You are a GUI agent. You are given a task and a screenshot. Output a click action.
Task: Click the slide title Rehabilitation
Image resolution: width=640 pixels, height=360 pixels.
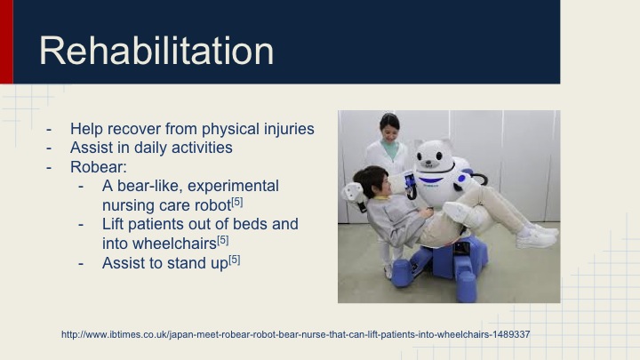(x=156, y=51)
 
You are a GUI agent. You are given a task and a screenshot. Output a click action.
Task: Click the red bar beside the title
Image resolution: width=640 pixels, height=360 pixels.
(x=6, y=42)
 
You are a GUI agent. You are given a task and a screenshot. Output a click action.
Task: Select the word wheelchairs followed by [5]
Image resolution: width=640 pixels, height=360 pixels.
(x=163, y=243)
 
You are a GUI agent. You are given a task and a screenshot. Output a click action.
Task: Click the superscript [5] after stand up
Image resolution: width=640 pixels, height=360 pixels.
(x=234, y=259)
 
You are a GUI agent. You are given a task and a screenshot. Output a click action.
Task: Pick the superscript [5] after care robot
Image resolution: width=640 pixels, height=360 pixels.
(x=237, y=202)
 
